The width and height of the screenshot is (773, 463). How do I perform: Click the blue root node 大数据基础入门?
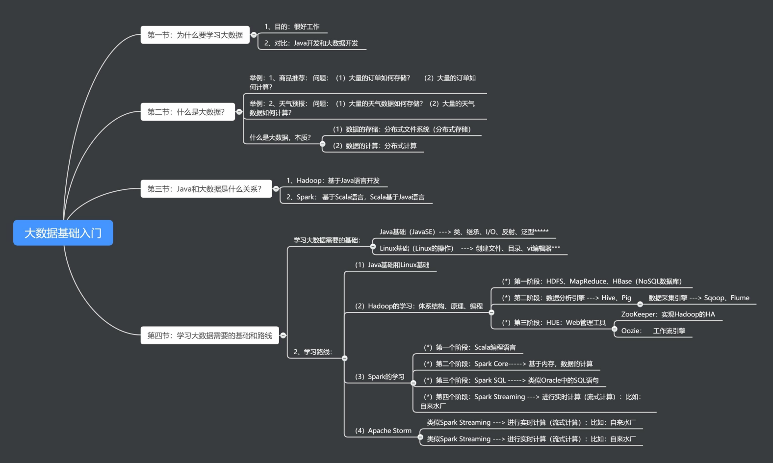pos(63,233)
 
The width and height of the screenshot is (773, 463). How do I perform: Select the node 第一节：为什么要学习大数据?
pos(195,35)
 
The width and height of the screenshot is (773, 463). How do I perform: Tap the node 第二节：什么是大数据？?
pos(187,112)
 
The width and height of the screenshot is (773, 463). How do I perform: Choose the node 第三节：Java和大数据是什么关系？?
pos(206,189)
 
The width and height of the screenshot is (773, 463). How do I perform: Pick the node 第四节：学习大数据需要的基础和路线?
pos(209,335)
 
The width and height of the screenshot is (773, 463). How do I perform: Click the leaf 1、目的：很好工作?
pos(292,26)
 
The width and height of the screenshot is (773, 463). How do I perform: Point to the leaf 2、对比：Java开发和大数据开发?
pos(311,43)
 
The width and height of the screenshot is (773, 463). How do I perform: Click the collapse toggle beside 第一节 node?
pos(254,35)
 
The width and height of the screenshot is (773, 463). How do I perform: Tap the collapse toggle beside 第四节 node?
pos(283,335)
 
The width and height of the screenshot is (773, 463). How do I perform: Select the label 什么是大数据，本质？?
pos(280,137)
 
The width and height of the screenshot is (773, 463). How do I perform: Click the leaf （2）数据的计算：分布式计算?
pos(374,146)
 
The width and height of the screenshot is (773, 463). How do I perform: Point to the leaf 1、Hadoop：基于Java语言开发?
pos(333,180)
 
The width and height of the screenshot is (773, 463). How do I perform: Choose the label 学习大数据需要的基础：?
pos(327,240)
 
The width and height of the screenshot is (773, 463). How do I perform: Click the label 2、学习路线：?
pos(312,352)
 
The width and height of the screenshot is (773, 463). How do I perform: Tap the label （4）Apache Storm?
pos(383,431)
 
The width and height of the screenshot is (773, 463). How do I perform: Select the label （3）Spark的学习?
pos(379,377)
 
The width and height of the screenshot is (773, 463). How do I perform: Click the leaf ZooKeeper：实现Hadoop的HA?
pos(668,314)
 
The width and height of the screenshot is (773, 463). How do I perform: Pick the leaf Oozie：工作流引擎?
pos(653,331)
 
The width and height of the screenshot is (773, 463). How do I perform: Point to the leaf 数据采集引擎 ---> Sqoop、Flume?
pos(698,298)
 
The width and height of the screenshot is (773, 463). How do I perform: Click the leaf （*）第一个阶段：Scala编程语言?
pos(469,347)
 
